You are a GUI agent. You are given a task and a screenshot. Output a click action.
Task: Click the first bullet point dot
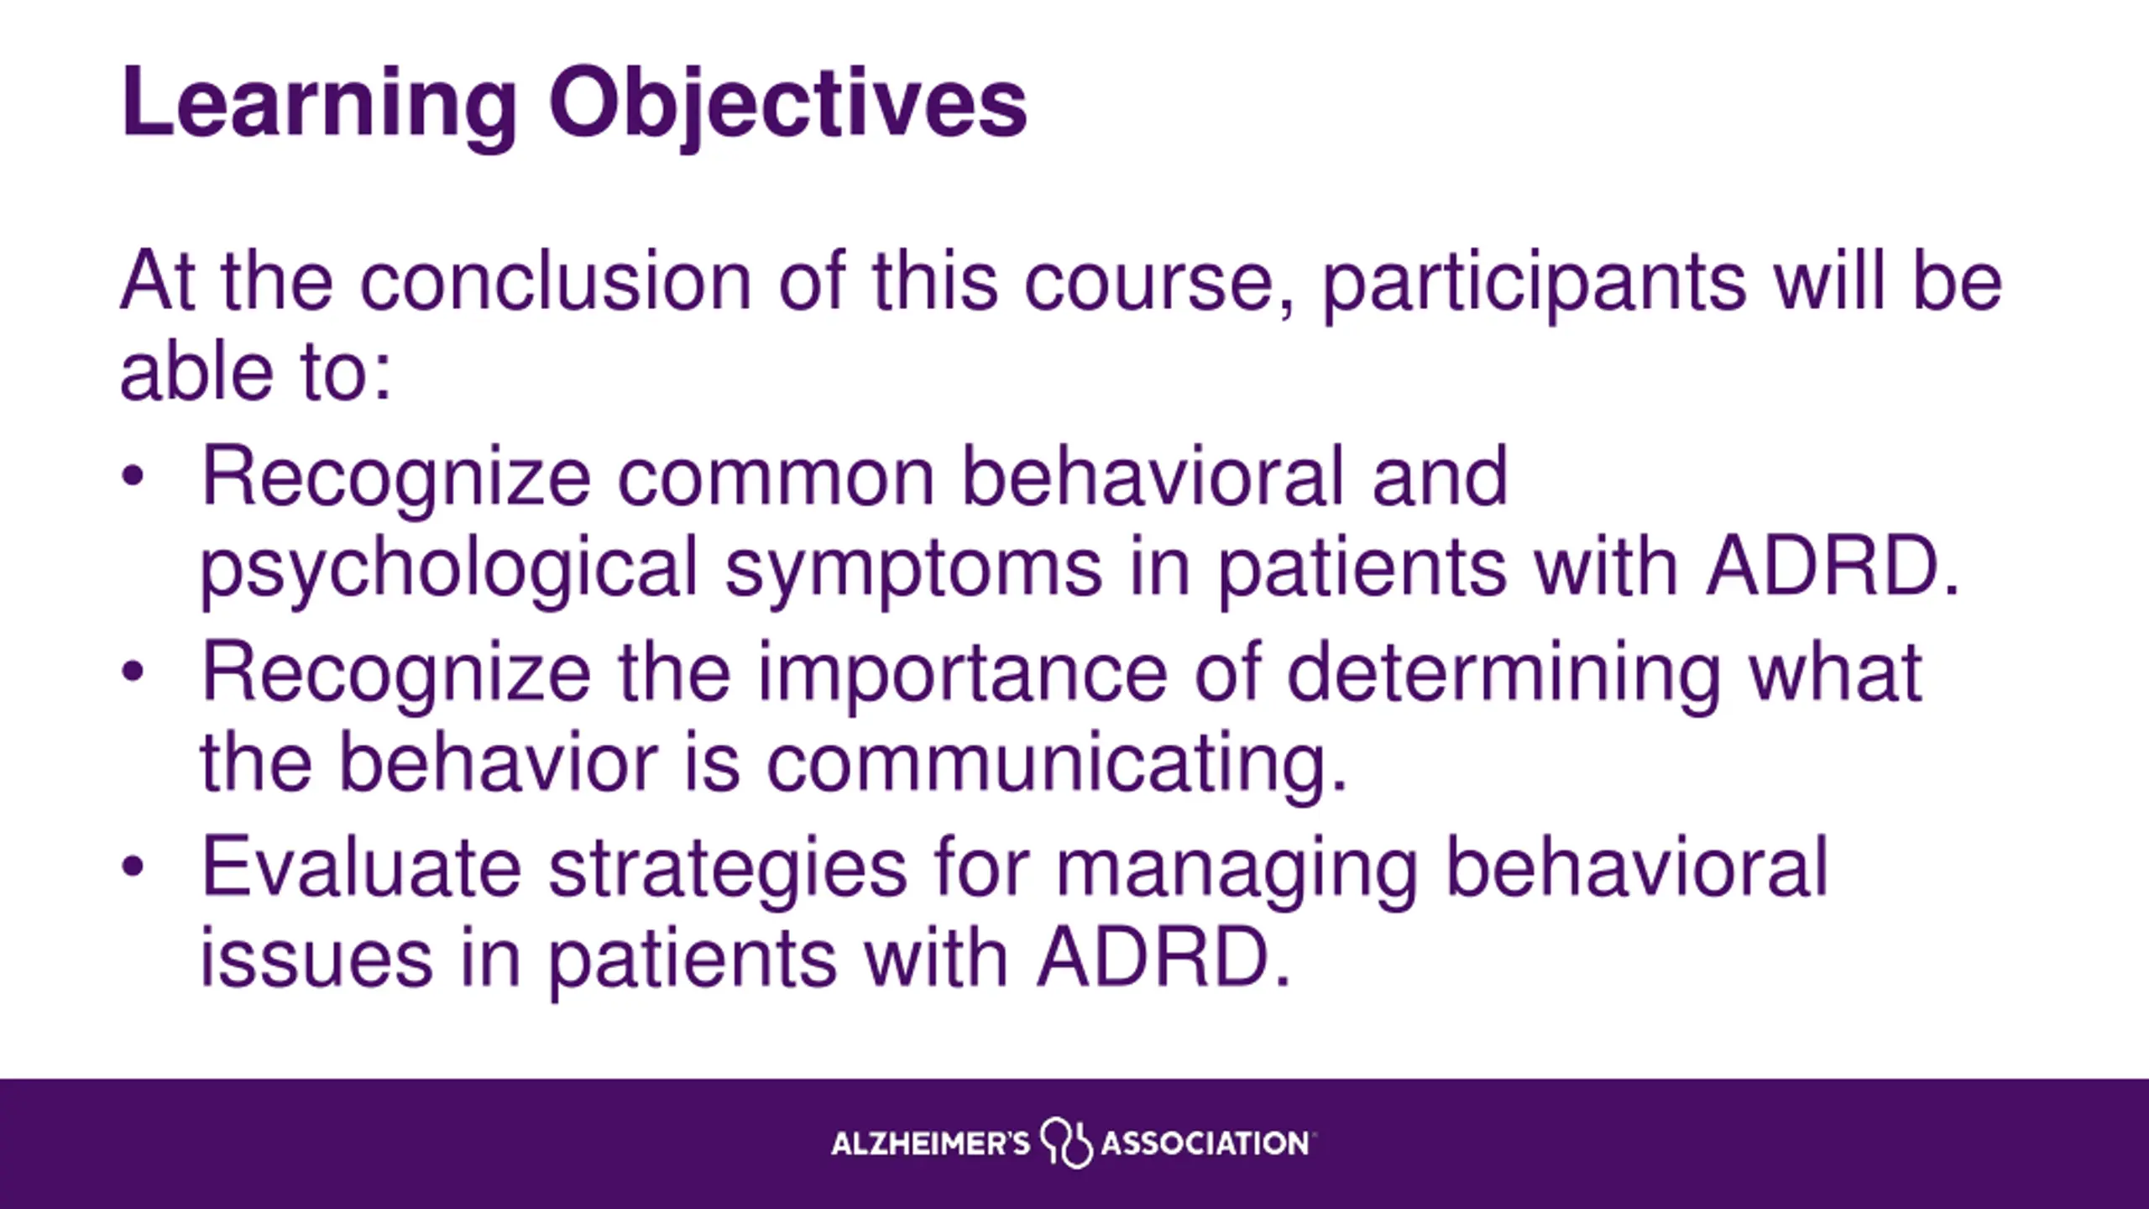(x=133, y=476)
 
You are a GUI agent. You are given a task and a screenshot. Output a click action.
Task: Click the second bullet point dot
(x=133, y=672)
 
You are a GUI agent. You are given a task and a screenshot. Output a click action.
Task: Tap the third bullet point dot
(x=133, y=867)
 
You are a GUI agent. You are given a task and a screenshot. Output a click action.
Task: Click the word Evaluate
(x=361, y=867)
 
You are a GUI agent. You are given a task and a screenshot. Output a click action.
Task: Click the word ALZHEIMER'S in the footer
(x=930, y=1144)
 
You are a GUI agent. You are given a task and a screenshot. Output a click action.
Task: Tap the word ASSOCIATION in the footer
(x=1205, y=1144)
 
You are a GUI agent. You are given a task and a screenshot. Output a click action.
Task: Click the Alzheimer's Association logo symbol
(x=1066, y=1143)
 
